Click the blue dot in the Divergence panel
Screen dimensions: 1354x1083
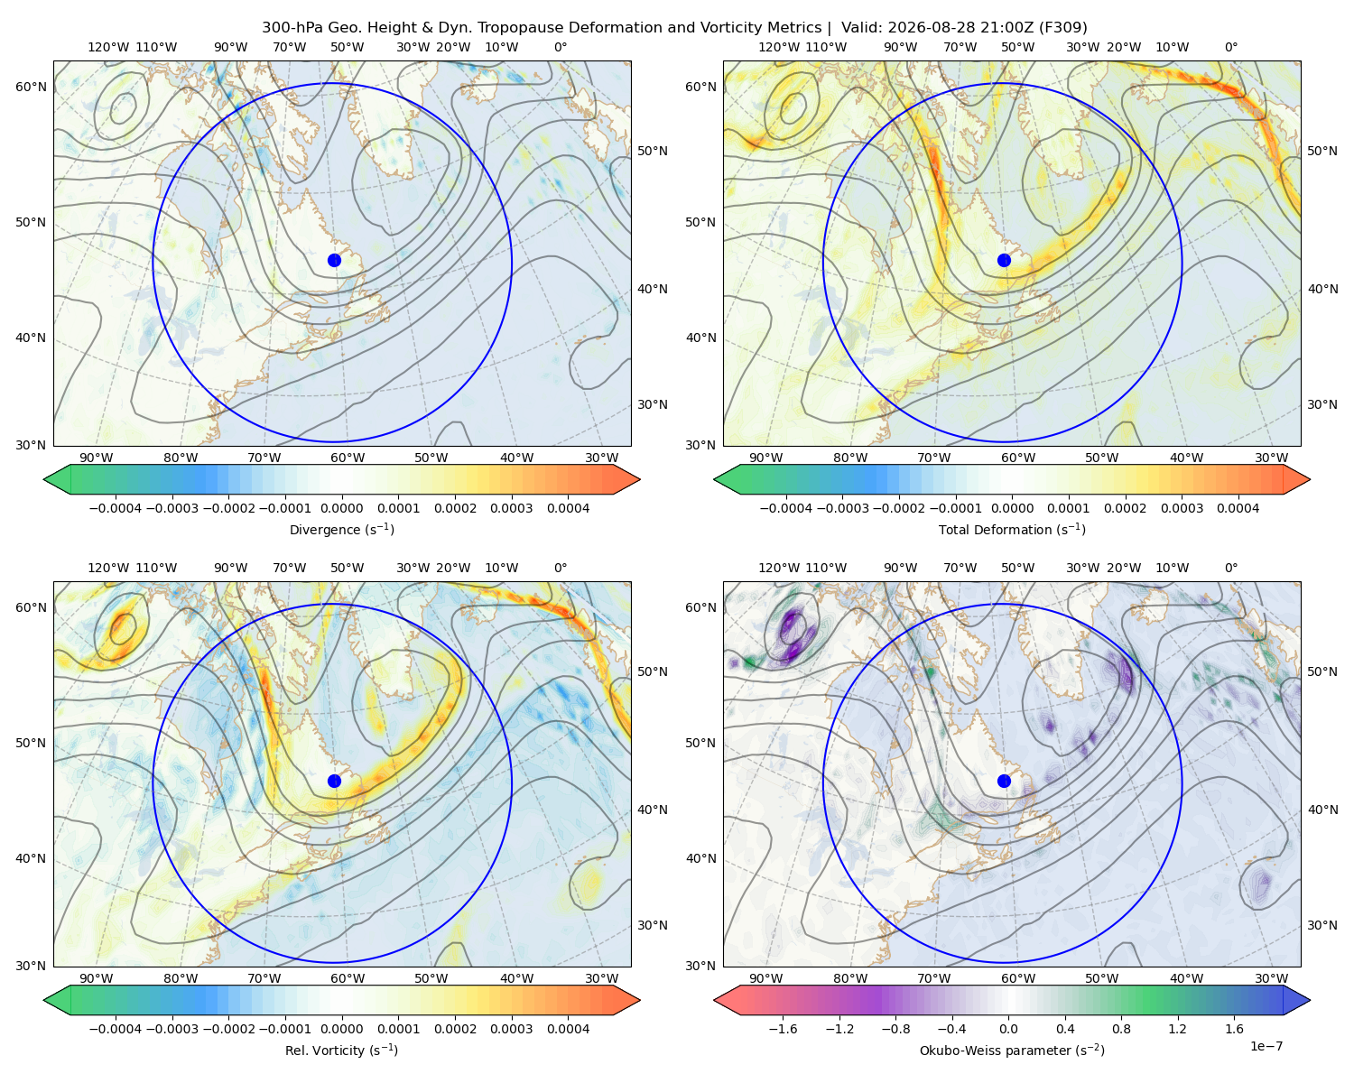point(334,260)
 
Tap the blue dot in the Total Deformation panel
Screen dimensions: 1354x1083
point(1004,260)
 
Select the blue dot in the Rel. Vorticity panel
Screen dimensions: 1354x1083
point(334,781)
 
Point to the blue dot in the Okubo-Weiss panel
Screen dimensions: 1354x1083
point(1004,781)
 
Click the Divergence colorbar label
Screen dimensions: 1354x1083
point(341,530)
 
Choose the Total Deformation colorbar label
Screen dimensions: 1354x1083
point(1012,530)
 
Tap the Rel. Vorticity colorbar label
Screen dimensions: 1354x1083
point(341,1051)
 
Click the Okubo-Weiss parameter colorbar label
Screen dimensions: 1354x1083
point(1012,1051)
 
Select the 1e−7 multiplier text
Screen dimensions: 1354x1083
point(1266,1047)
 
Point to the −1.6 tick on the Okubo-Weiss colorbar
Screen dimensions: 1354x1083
point(783,1029)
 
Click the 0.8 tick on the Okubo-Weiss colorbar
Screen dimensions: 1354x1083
point(1121,1029)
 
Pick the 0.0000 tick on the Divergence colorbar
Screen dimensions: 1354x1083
point(341,508)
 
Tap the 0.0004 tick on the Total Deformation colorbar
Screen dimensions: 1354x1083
point(1238,508)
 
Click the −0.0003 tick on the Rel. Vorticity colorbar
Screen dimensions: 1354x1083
point(172,1029)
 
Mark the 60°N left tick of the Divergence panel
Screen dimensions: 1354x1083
point(31,87)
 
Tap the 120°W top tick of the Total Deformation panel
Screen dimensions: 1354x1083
point(778,47)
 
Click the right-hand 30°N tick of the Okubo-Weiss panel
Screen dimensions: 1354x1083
point(1322,925)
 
